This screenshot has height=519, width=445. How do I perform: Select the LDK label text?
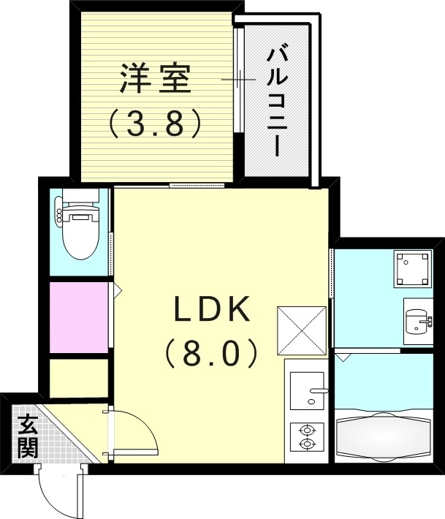click(x=212, y=311)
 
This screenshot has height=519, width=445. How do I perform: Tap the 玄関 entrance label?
click(x=28, y=436)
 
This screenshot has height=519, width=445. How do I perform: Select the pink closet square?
click(x=79, y=317)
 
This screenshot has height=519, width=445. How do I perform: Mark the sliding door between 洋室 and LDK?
click(x=197, y=185)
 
